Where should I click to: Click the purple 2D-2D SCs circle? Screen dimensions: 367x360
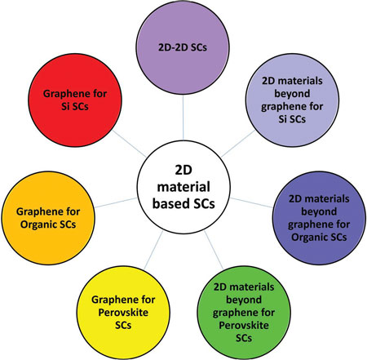[183, 47]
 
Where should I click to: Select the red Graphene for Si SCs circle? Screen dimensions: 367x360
[75, 100]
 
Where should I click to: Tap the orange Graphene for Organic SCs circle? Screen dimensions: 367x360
[48, 218]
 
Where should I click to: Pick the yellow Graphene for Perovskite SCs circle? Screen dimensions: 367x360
[123, 313]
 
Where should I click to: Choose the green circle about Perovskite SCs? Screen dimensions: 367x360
[244, 313]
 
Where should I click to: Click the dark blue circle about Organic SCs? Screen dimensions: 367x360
[319, 218]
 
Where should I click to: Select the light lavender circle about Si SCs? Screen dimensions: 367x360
[292, 100]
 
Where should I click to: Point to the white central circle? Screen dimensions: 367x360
[183, 187]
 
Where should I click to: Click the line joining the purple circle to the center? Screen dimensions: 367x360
[183, 118]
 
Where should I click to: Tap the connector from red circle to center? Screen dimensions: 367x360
[130, 144]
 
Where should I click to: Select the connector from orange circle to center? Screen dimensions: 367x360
[116, 202]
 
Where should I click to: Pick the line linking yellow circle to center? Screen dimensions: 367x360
[153, 251]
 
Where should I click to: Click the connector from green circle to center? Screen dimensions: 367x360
[214, 251]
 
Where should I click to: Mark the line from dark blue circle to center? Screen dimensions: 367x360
[251, 202]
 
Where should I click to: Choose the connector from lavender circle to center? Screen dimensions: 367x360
[238, 144]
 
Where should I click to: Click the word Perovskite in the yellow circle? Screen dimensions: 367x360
[123, 313]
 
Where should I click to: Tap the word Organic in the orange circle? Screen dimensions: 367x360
[39, 224]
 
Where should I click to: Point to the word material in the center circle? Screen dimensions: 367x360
[183, 187]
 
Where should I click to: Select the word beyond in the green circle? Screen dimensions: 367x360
[244, 300]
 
